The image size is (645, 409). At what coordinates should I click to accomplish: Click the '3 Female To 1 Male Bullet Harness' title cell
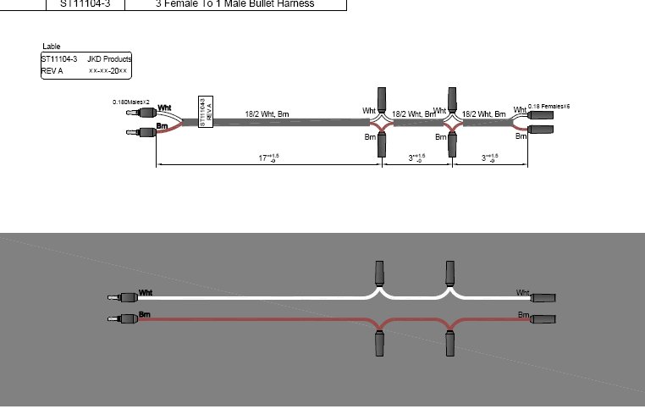[x=234, y=4]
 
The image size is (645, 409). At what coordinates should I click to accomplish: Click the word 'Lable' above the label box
[x=52, y=47]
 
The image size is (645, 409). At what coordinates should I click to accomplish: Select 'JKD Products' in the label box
[x=108, y=59]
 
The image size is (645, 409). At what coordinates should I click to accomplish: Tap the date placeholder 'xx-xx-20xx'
[x=107, y=71]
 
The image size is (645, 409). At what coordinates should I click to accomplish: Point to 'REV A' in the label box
[x=52, y=71]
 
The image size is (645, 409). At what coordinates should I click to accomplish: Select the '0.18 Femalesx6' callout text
[x=549, y=107]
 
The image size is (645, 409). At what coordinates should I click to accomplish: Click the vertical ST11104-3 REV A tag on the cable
[x=205, y=112]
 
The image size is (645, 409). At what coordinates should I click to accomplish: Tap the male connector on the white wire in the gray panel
[x=123, y=297]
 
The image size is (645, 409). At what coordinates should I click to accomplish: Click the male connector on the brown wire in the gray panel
[x=123, y=319]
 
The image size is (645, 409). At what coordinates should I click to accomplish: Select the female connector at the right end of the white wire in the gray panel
[x=543, y=297]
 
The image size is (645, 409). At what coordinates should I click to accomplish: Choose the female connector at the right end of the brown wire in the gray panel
[x=543, y=319]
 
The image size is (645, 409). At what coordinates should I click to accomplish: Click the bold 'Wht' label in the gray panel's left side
[x=146, y=293]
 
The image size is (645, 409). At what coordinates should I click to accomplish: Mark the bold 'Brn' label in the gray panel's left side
[x=145, y=315]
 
